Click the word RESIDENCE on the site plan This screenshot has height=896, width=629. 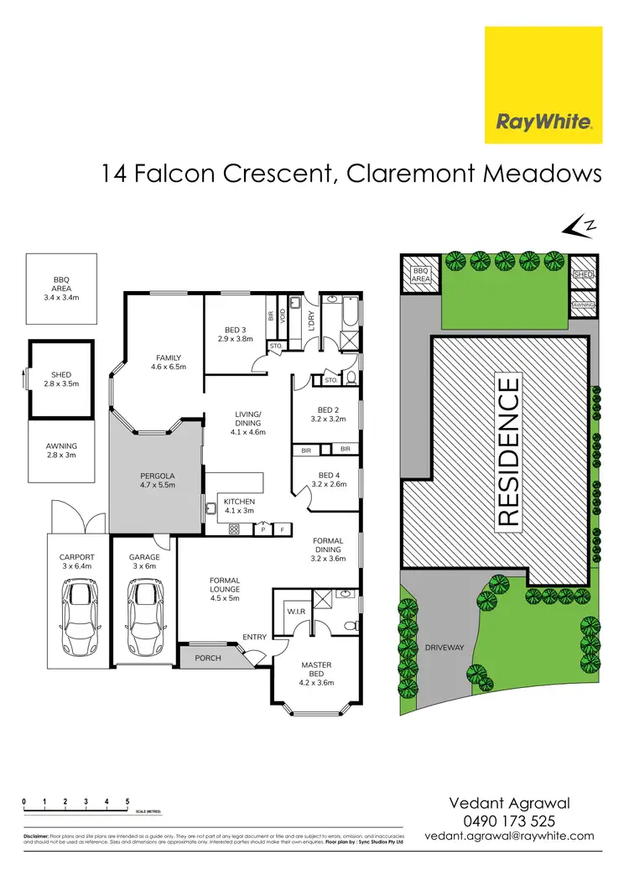[x=508, y=453]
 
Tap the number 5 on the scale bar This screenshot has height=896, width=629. [x=127, y=802]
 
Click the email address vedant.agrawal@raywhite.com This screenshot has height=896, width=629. [x=510, y=836]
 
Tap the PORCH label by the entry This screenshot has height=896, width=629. [x=207, y=658]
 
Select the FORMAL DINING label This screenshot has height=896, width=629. [x=327, y=546]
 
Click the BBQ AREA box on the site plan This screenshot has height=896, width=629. [x=419, y=274]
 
